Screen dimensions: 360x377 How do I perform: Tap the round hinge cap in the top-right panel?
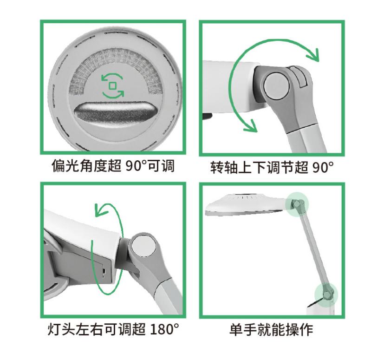(x=275, y=83)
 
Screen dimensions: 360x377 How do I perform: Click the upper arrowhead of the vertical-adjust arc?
(x=316, y=55)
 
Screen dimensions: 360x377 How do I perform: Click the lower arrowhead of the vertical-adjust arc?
(x=251, y=125)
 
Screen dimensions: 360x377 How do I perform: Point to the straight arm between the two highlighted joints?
(x=312, y=249)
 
